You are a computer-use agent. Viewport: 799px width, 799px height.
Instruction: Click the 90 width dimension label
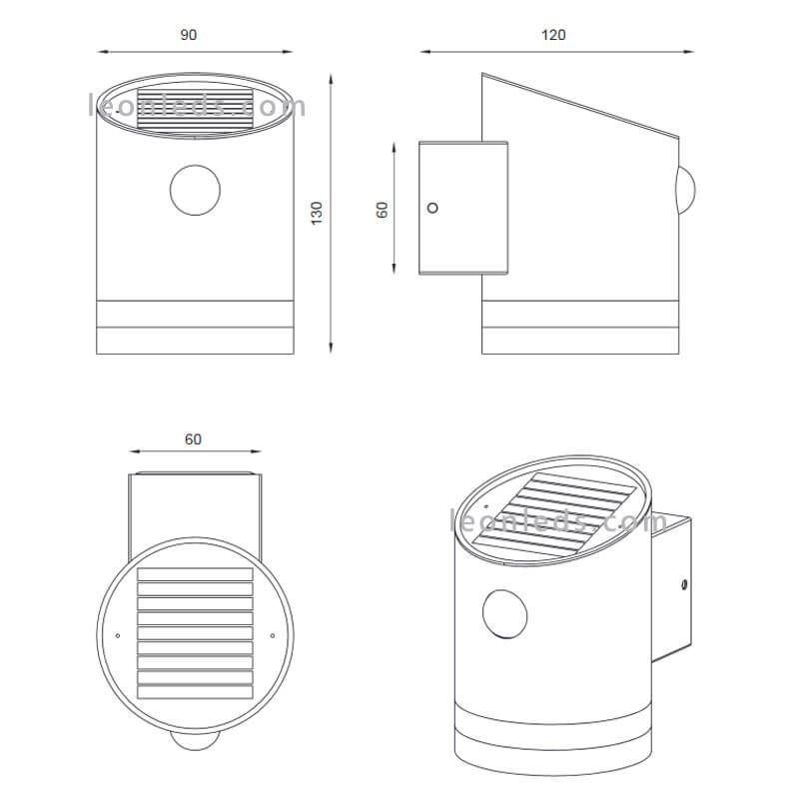[188, 35]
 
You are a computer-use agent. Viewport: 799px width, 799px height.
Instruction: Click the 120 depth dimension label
[553, 35]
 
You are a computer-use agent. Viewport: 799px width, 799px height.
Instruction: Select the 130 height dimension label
[317, 213]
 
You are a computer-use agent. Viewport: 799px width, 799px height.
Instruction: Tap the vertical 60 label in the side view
[383, 210]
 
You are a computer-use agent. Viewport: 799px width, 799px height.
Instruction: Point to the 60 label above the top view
[193, 439]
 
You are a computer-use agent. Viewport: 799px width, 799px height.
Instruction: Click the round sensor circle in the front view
[195, 190]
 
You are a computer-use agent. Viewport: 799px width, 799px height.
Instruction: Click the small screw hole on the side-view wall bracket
[432, 208]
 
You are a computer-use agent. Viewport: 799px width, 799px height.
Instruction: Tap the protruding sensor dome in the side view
[686, 191]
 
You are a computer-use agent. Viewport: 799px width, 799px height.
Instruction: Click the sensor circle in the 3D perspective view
[504, 614]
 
